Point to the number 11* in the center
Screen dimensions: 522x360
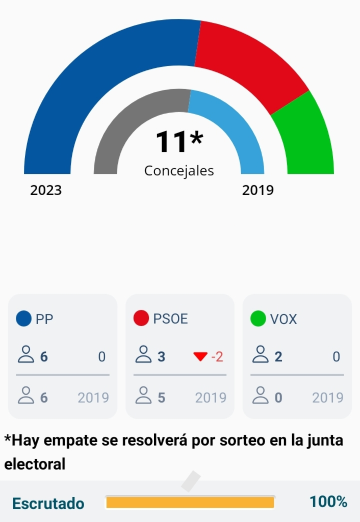pos(179,142)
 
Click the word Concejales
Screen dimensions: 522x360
pos(179,171)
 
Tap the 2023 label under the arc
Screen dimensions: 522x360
pos(46,191)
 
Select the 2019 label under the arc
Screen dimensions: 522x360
pos(258,191)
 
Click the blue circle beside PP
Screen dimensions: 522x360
pos(24,319)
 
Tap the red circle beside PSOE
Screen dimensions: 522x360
pos(141,319)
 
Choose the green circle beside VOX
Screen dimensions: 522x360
pos(258,319)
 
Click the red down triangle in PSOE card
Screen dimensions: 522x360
pos(200,357)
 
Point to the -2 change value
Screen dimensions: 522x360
pos(217,357)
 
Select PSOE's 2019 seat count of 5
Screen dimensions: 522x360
pos(162,398)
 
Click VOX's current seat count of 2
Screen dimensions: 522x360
pos(278,357)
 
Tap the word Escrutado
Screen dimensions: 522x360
pos(48,504)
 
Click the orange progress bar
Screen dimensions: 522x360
pos(190,503)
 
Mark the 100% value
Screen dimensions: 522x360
pos(328,502)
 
